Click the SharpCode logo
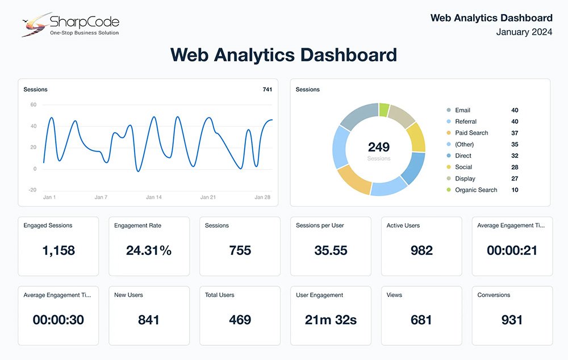70,24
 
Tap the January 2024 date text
524,32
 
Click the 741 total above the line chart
267,90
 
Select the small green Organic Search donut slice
385,109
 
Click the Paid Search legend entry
471,133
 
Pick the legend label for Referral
466,122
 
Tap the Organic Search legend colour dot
449,190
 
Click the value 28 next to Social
515,167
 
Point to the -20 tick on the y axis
32,190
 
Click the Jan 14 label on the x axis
154,197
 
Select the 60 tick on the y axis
33,104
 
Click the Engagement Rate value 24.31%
149,250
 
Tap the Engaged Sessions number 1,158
59,250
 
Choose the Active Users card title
403,225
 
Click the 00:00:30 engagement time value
58,320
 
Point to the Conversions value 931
512,320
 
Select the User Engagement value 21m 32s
331,320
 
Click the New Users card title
128,295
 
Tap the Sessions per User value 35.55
331,250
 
